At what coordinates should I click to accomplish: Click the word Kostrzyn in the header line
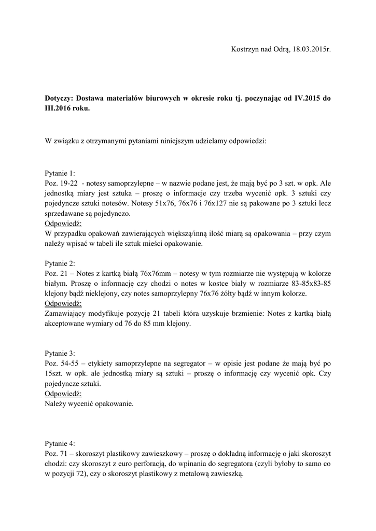(x=244, y=49)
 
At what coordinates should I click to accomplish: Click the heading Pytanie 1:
(x=60, y=173)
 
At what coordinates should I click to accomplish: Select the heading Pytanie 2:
(x=60, y=263)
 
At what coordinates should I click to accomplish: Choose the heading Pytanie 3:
(x=60, y=353)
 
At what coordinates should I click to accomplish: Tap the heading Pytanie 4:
(x=60, y=443)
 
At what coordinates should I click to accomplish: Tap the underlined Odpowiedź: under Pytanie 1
(x=64, y=223)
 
